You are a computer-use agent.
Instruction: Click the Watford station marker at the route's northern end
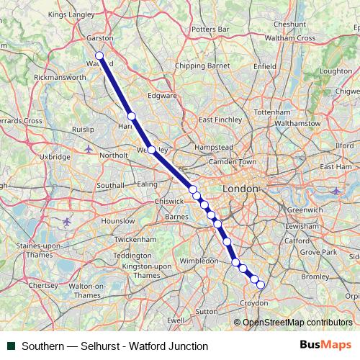coord(99,56)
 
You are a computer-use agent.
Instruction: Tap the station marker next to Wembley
coord(151,150)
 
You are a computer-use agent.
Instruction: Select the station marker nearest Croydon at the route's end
coord(261,285)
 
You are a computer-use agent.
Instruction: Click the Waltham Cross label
coord(290,37)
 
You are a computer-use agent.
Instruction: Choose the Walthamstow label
coord(297,123)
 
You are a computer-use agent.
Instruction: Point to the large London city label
coord(240,188)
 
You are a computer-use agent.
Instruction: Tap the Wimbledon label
coord(199,260)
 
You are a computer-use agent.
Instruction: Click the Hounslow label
coord(97,221)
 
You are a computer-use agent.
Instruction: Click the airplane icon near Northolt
coord(89,149)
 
